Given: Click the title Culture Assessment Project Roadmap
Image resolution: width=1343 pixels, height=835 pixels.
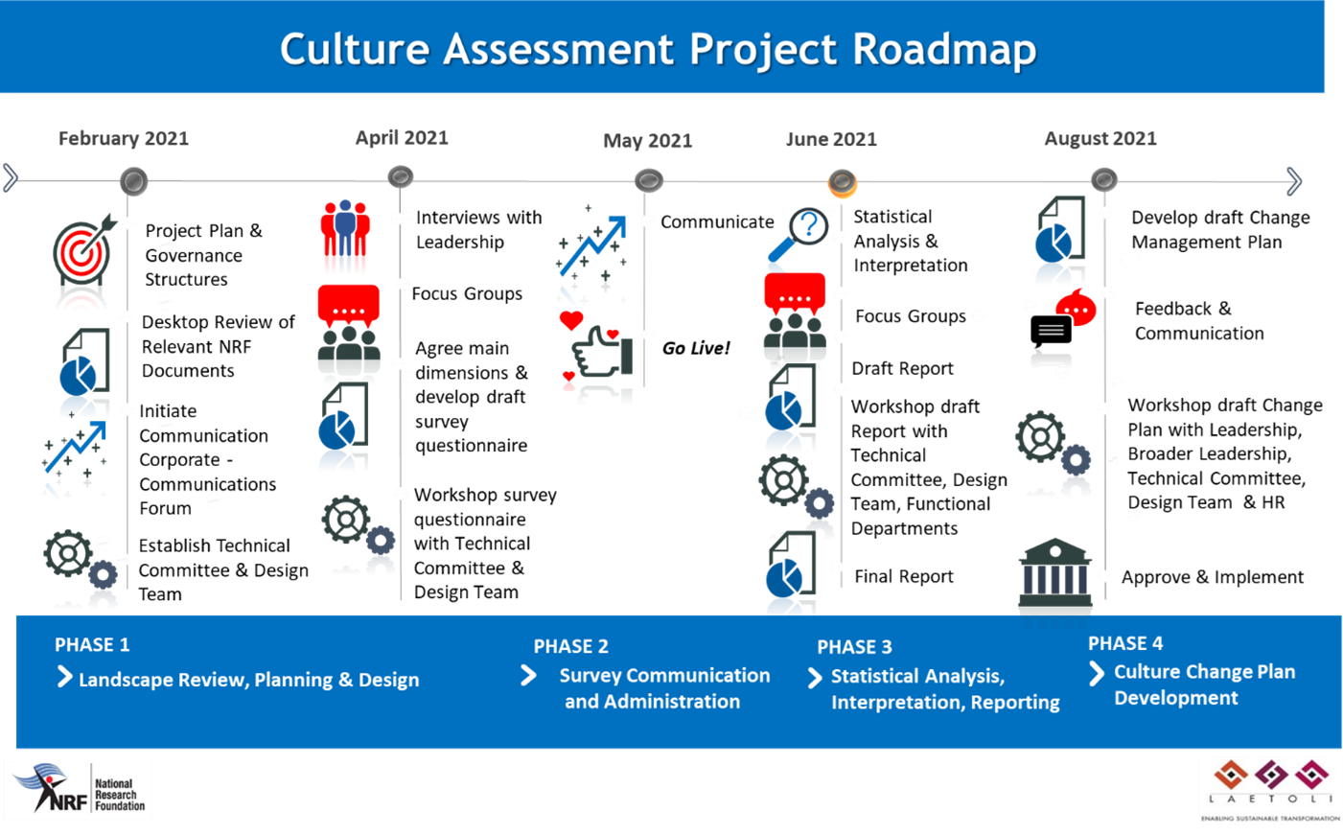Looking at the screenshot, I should click(x=658, y=49).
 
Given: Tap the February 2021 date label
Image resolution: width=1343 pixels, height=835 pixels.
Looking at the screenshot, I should click(x=124, y=139).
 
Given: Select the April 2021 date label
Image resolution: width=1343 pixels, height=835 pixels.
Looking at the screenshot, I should click(x=402, y=138).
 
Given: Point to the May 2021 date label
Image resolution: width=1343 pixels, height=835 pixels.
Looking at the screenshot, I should click(x=648, y=141).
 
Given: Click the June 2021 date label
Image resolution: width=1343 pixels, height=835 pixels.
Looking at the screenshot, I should click(x=831, y=139).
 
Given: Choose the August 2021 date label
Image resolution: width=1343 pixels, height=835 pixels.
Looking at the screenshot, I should click(x=1100, y=139).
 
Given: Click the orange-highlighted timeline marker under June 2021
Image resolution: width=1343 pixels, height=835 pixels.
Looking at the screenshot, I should click(x=842, y=181).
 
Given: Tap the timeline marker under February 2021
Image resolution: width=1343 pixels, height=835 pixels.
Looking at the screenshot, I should click(x=134, y=180).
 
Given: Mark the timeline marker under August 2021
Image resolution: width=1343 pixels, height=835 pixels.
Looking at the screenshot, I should click(x=1104, y=179).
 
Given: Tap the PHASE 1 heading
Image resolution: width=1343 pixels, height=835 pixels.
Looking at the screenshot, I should click(x=92, y=645).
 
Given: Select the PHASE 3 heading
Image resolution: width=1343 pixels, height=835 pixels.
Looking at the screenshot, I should click(x=854, y=647).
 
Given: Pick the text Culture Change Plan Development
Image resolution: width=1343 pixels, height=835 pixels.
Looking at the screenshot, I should click(x=1203, y=684).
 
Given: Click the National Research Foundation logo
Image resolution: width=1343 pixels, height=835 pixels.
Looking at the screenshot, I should click(x=79, y=791).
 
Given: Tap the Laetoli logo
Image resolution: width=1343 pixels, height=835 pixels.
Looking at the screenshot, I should click(x=1270, y=790).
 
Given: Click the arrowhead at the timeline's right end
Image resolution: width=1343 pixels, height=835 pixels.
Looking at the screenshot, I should click(x=1294, y=181).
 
